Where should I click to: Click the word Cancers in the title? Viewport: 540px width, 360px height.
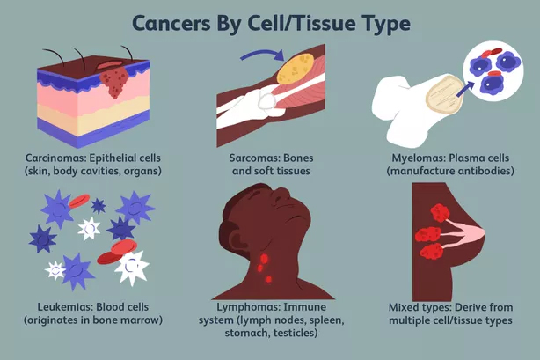tap(171, 24)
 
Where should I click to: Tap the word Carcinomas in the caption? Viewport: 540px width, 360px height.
tap(55, 158)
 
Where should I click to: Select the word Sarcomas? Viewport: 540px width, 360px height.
tap(251, 158)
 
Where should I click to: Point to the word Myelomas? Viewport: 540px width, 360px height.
tap(419, 158)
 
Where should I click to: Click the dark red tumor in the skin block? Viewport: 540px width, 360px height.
tap(114, 81)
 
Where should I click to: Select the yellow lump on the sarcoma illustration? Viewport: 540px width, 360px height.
tap(295, 69)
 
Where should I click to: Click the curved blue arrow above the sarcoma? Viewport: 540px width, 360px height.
tap(262, 54)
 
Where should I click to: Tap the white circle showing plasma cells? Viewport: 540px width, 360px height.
tap(493, 70)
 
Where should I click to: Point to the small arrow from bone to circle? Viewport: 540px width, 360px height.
tap(464, 89)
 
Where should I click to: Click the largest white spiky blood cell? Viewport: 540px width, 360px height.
tap(132, 268)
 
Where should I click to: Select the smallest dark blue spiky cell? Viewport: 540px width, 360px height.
tap(99, 206)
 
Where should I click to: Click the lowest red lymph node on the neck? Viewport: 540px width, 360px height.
tap(268, 279)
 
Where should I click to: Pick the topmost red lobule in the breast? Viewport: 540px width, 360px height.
tap(440, 212)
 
